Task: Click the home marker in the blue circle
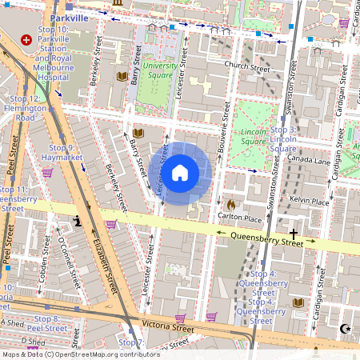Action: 180,173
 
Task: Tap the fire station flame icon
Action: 231,205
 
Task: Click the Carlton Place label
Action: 240,218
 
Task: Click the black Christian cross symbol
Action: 294,234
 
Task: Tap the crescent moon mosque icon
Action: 346,328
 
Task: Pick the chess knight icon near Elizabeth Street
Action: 78,221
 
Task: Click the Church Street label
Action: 249,67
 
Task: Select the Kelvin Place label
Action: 310,202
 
